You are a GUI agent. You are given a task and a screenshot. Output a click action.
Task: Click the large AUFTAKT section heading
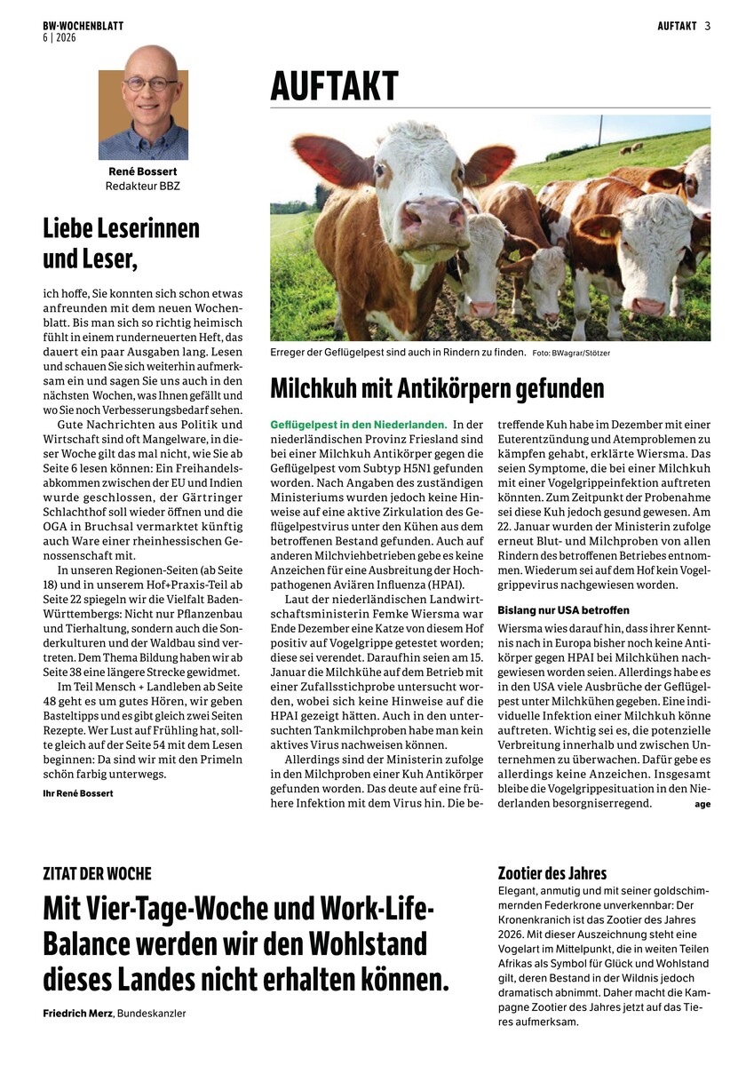pyautogui.click(x=334, y=87)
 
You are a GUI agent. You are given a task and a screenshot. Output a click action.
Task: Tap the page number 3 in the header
pyautogui.click(x=708, y=26)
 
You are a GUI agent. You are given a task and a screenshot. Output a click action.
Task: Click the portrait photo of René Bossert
pyautogui.click(x=143, y=102)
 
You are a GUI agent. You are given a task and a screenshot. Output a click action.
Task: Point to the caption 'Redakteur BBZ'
pyautogui.click(x=143, y=187)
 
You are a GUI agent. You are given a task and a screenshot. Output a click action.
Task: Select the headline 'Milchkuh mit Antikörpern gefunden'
pyautogui.click(x=437, y=388)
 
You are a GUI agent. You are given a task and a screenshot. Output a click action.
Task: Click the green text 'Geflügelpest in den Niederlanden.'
pyautogui.click(x=358, y=426)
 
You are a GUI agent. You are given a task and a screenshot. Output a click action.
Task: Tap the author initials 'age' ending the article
pyautogui.click(x=702, y=804)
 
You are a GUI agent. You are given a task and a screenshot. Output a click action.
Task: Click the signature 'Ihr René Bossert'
pyautogui.click(x=78, y=793)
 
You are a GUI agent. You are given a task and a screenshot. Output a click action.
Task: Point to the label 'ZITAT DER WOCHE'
pyautogui.click(x=97, y=874)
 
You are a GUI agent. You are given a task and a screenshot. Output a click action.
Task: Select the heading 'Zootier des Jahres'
pyautogui.click(x=552, y=873)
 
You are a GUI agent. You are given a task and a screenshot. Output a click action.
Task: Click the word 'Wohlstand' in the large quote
pyautogui.click(x=366, y=942)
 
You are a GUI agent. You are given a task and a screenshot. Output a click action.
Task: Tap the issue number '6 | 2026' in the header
pyautogui.click(x=60, y=38)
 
